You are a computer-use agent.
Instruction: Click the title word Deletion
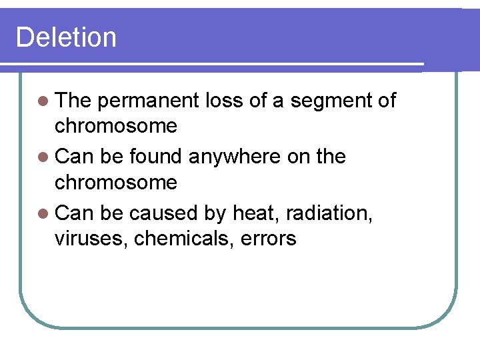point(66,37)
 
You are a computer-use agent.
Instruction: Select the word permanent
point(147,101)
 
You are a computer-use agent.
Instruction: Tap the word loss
point(225,101)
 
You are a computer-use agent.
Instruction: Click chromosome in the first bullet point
point(116,126)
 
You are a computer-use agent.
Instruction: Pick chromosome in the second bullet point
point(116,182)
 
